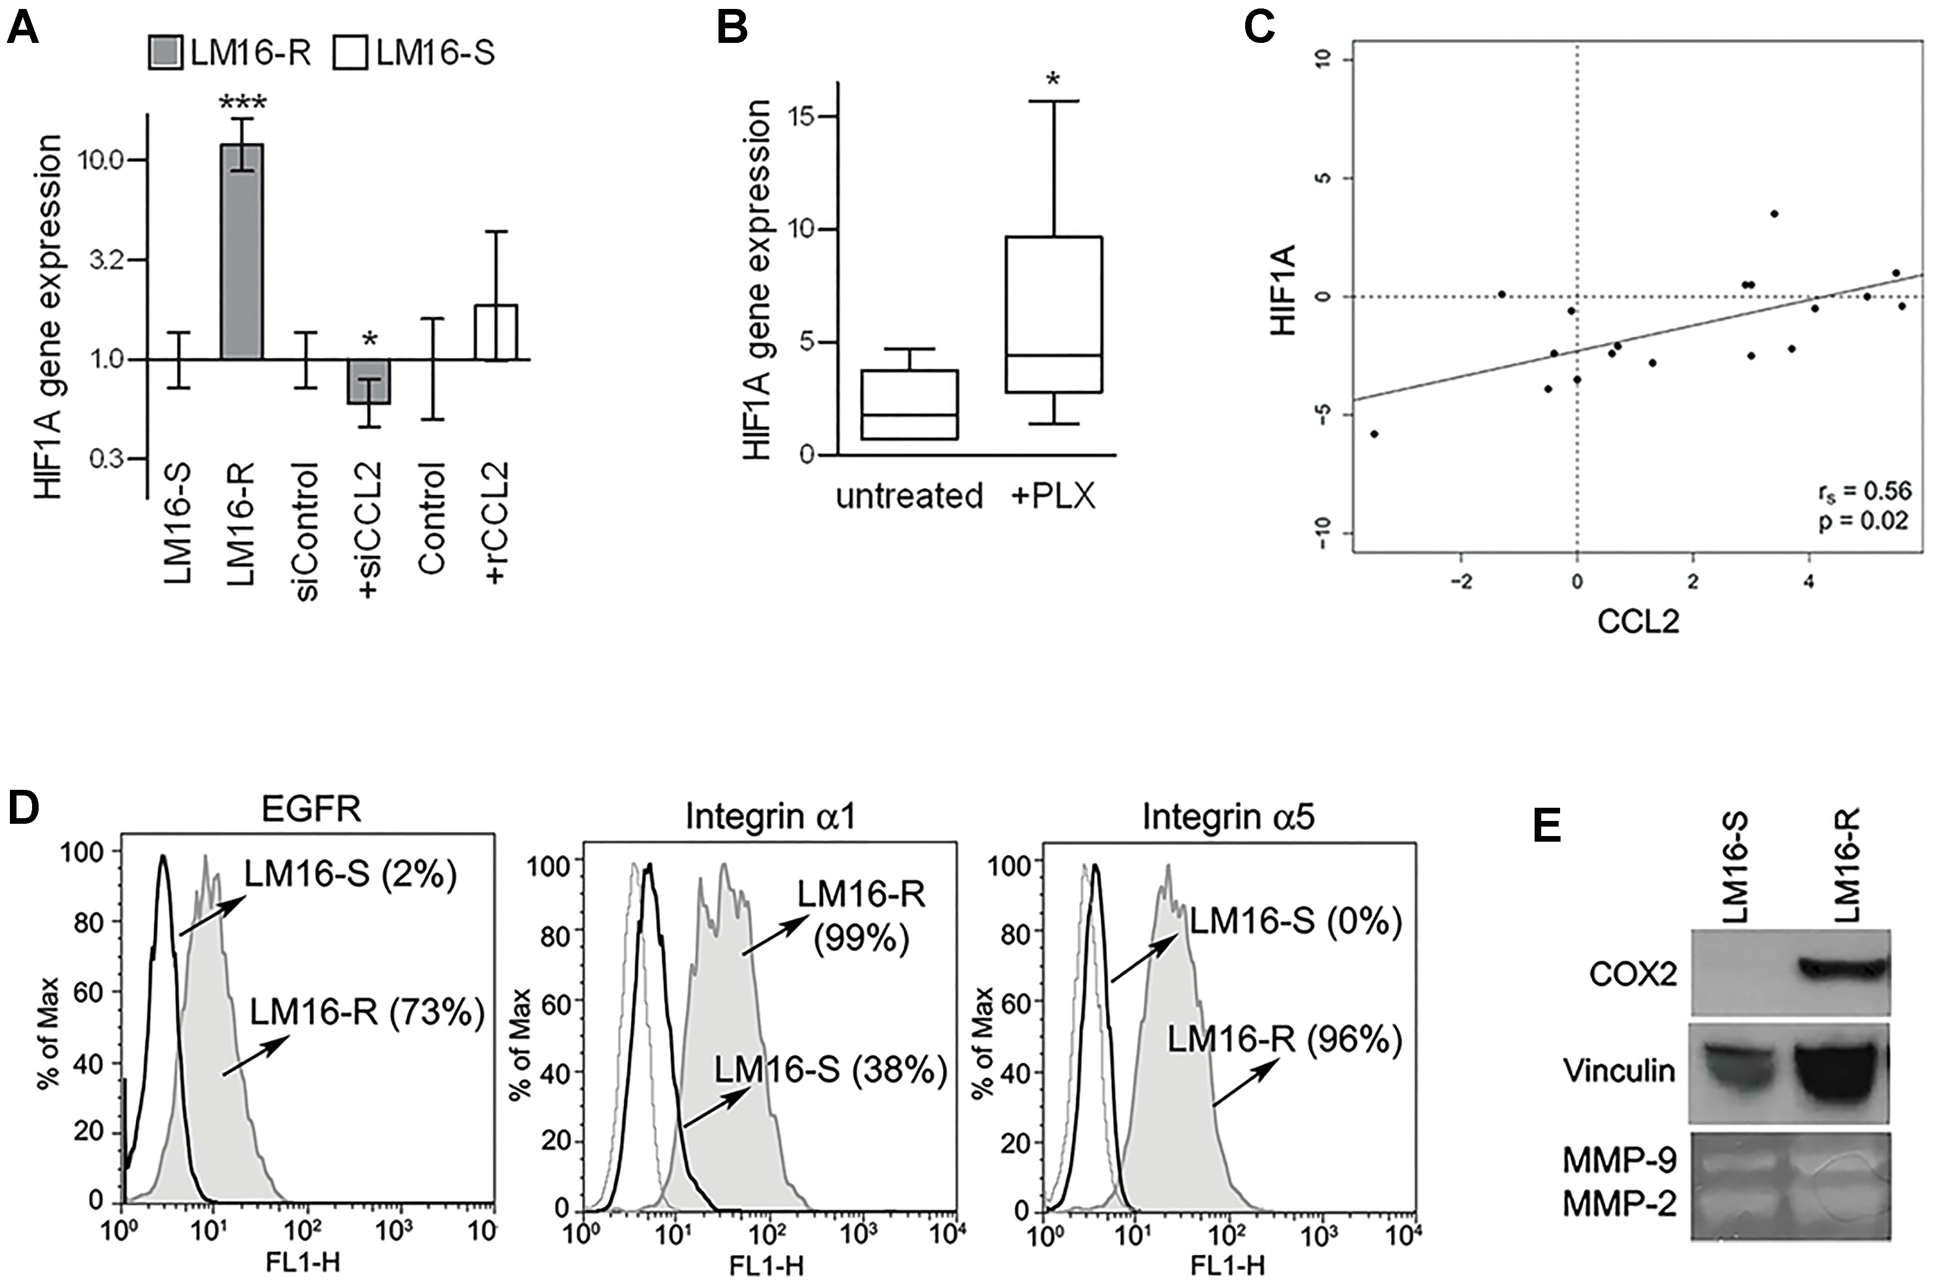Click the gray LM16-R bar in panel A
241,251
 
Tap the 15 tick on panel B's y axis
804,116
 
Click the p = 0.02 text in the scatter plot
1863,521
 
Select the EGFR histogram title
311,810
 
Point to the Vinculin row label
1619,1071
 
